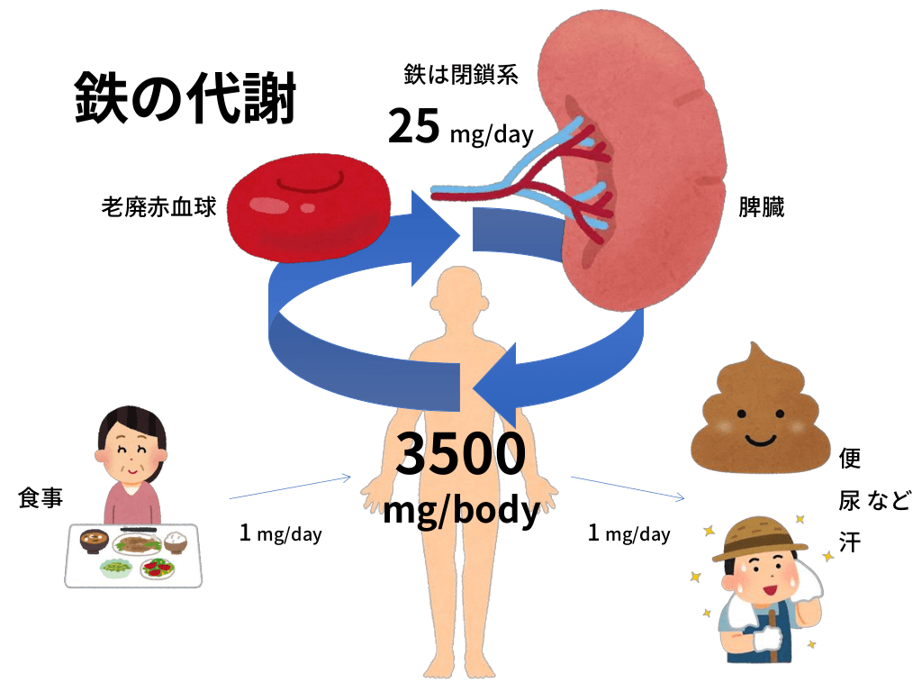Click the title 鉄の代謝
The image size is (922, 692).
pos(185,99)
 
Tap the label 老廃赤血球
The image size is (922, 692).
pos(159,208)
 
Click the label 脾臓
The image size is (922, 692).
pos(761,208)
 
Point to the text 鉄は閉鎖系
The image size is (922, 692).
pos(461,75)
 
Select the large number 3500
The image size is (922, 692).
pos(461,456)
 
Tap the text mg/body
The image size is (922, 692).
pos(461,510)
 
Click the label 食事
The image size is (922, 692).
pos(41,498)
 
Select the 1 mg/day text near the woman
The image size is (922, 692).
pos(281,533)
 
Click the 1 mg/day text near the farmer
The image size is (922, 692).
pos(628,533)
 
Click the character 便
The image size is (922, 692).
pos(849,459)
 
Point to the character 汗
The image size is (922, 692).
pos(849,542)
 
